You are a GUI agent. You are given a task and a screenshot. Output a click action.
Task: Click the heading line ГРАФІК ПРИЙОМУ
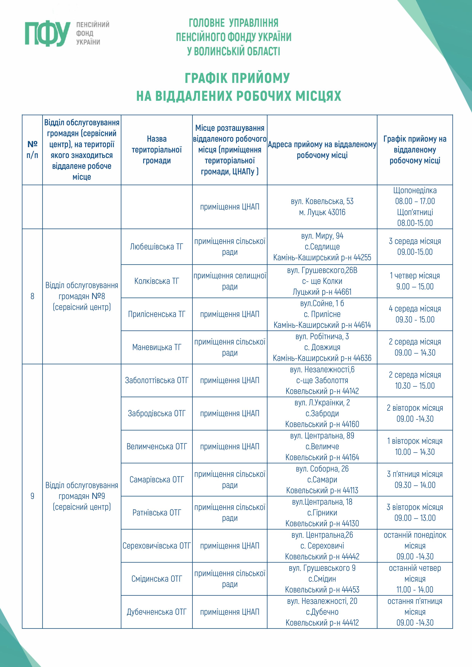(x=237, y=78)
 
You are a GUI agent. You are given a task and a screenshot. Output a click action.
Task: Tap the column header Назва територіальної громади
(x=156, y=150)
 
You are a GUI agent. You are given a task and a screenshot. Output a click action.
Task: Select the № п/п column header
(x=32, y=150)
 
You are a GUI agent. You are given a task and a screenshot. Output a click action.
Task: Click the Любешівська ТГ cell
(x=156, y=247)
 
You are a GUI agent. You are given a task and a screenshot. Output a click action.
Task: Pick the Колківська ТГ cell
(x=156, y=281)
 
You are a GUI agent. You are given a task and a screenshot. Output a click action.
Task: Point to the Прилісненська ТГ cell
(x=156, y=314)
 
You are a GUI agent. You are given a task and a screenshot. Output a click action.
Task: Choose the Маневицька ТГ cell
(x=156, y=347)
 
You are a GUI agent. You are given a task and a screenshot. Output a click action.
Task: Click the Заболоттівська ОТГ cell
(x=156, y=380)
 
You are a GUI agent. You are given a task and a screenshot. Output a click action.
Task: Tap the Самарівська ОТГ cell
(x=156, y=480)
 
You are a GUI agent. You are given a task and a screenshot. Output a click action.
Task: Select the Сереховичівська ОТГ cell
(x=156, y=546)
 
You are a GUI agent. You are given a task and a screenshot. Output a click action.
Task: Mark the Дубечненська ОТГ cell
(x=156, y=612)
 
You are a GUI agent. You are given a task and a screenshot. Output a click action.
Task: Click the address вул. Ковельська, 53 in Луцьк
(x=322, y=201)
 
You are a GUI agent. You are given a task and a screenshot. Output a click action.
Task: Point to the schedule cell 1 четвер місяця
(x=415, y=281)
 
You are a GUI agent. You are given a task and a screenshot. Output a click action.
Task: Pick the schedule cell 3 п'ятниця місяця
(x=415, y=480)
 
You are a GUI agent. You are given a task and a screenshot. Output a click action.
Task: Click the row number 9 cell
(x=32, y=496)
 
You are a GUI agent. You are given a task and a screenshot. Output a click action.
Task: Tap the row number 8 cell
(x=32, y=296)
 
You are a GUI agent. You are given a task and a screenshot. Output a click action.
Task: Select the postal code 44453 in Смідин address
(x=350, y=590)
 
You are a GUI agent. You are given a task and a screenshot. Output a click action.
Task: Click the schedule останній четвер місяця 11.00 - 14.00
(x=415, y=579)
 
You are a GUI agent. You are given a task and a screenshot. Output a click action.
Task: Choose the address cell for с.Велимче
(x=322, y=446)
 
